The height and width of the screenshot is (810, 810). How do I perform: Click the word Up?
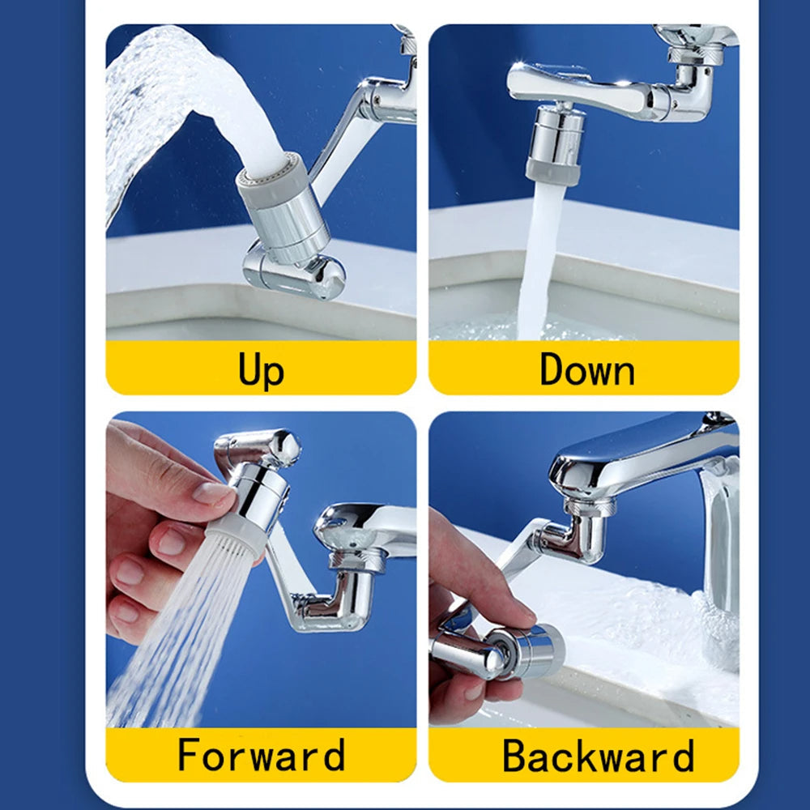pyautogui.click(x=261, y=369)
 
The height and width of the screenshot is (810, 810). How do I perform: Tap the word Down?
pyautogui.click(x=586, y=369)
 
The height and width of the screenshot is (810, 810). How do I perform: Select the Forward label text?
pyautogui.click(x=261, y=755)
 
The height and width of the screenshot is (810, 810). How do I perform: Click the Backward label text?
pyautogui.click(x=598, y=755)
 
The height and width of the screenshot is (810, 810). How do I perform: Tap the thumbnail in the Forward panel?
pyautogui.click(x=212, y=492)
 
